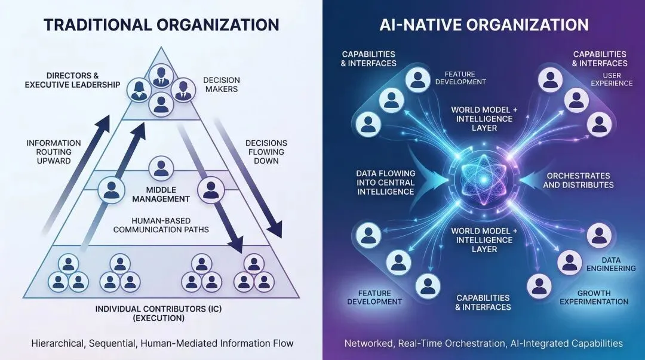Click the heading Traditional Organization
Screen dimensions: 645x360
[161, 24]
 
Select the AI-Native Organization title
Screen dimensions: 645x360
[484, 24]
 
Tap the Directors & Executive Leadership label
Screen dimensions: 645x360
[72, 80]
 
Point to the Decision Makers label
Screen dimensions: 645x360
[221, 84]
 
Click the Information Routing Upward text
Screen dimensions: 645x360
[54, 152]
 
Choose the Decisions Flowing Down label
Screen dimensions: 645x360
[266, 152]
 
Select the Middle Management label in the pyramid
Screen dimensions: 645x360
[159, 194]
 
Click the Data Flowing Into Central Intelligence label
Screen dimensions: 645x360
[386, 183]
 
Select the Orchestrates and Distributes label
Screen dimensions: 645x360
[578, 180]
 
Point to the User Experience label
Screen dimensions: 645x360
[612, 79]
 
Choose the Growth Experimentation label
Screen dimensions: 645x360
[603, 297]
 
